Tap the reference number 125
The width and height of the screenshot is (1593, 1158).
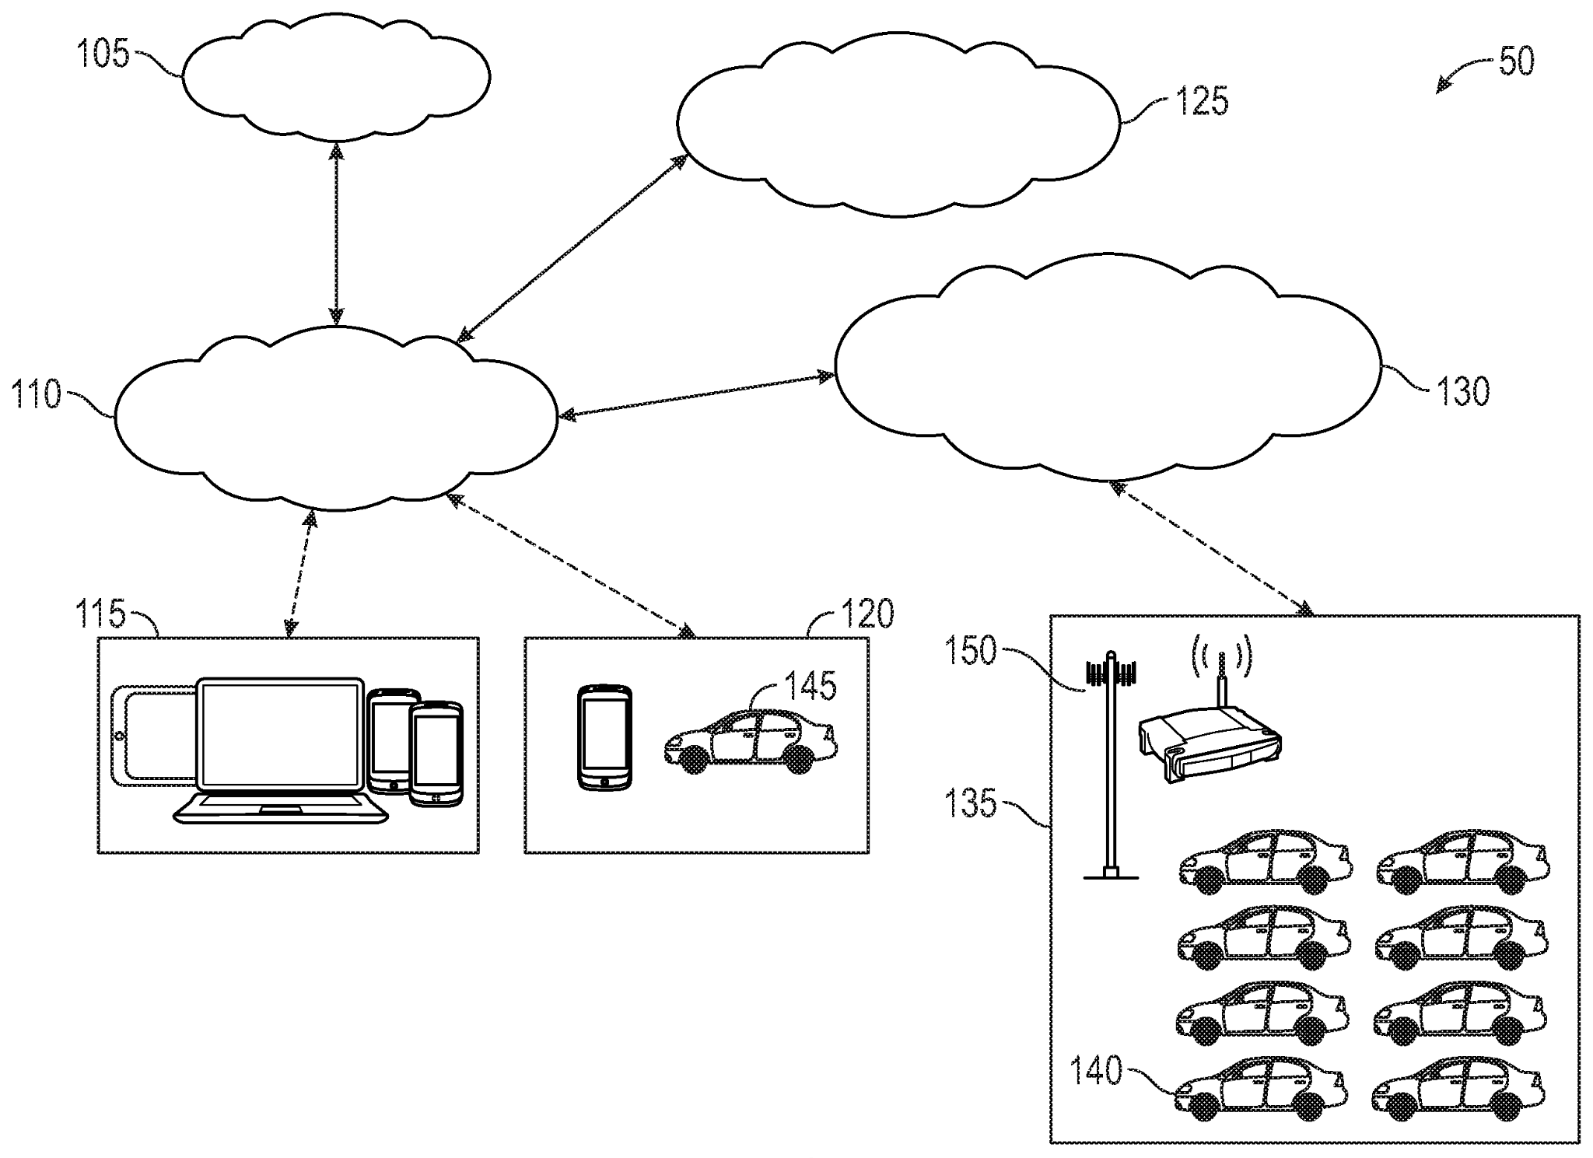click(1202, 102)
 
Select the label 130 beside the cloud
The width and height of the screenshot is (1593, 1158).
click(1462, 391)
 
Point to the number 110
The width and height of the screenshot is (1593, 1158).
click(35, 395)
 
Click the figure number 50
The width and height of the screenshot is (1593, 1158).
click(1515, 61)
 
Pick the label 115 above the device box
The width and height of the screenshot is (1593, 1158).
click(100, 614)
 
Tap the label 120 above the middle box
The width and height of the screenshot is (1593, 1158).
click(867, 614)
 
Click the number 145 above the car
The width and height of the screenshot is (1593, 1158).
click(809, 686)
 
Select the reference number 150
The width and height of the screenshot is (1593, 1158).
click(970, 650)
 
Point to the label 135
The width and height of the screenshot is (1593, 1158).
click(970, 803)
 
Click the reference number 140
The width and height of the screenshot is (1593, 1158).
click(1097, 1072)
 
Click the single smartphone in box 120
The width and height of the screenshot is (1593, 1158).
click(604, 736)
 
